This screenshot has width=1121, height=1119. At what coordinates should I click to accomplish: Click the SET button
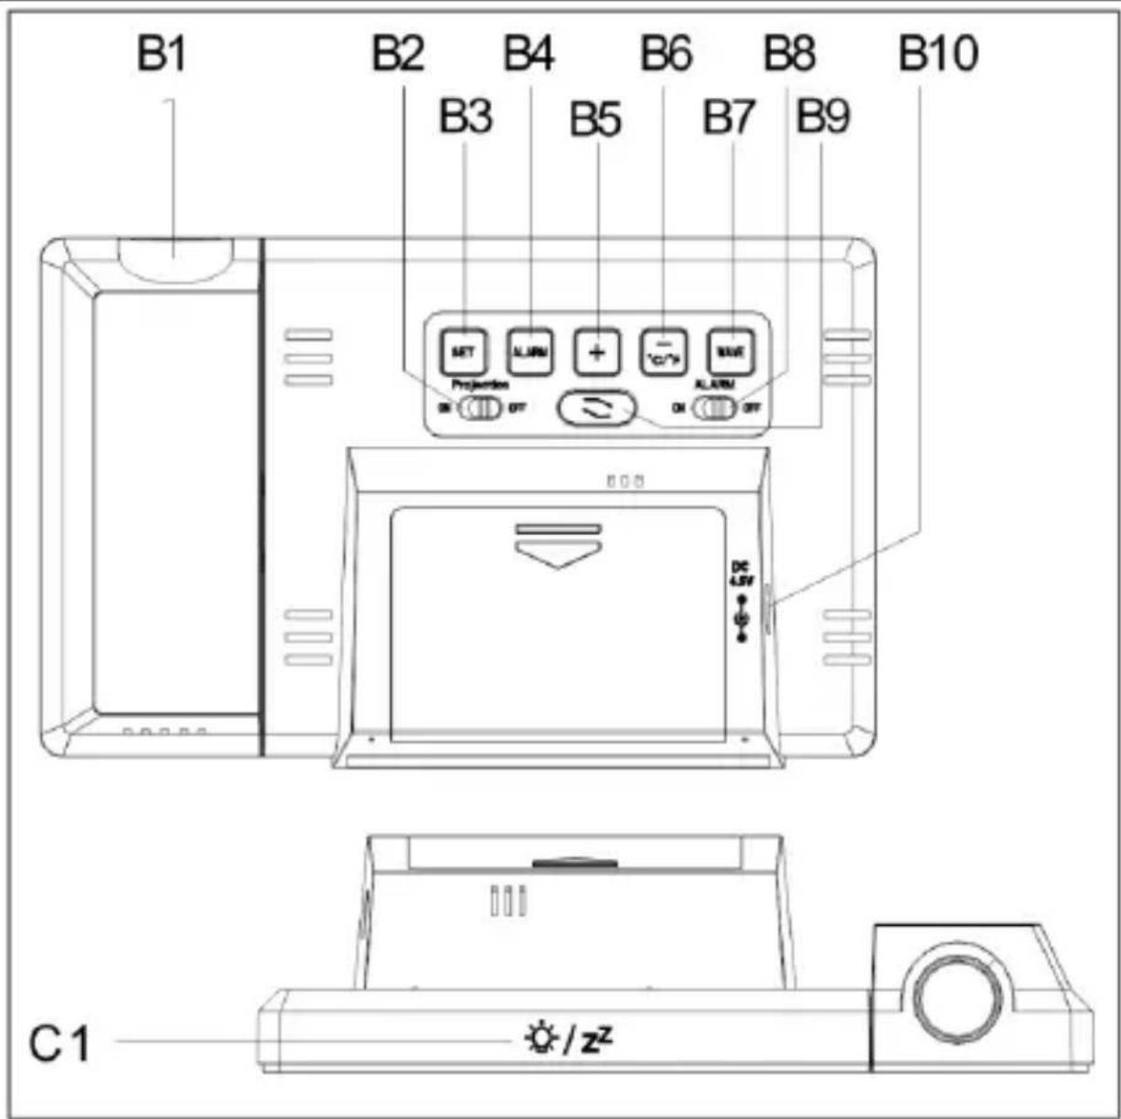(x=464, y=351)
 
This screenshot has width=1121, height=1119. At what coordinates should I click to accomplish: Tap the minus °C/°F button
(x=663, y=352)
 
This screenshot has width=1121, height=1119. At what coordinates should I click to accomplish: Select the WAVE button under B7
(x=731, y=351)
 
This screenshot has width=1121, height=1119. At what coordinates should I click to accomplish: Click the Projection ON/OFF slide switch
(x=480, y=408)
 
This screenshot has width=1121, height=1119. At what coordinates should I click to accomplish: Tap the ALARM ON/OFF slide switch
(x=714, y=408)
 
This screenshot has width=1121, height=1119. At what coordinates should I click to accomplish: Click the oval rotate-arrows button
(x=596, y=409)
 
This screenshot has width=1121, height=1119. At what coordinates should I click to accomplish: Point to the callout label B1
(x=162, y=54)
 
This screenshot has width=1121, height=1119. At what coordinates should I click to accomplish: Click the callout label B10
(x=938, y=54)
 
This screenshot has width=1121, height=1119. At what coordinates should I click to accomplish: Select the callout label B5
(x=595, y=119)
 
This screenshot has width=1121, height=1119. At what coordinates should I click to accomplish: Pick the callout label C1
(x=60, y=1042)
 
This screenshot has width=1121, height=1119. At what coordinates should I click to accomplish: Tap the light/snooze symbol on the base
(x=568, y=1039)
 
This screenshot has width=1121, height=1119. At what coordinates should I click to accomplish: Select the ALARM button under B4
(x=530, y=351)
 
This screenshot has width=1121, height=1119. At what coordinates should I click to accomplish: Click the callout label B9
(x=823, y=116)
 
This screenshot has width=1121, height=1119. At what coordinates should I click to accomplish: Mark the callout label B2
(x=398, y=54)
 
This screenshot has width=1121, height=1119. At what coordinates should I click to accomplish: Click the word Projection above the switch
(x=480, y=385)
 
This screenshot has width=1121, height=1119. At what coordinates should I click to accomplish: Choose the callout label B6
(x=666, y=54)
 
